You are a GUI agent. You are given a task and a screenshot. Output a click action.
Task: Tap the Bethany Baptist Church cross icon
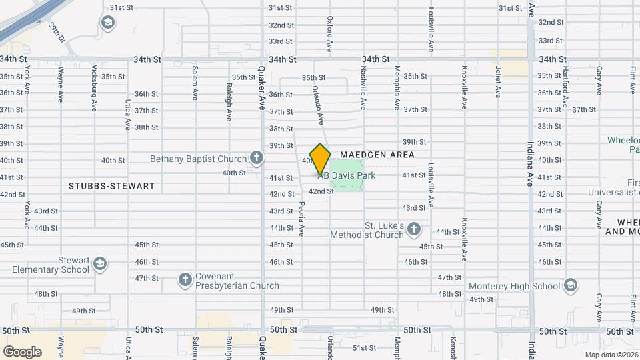coord(256,159)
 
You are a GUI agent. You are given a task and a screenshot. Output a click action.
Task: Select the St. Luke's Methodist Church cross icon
coord(414,230)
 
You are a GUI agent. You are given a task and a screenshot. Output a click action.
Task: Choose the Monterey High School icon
coord(570,286)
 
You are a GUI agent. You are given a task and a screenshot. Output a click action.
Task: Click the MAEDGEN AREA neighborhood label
coord(377,155)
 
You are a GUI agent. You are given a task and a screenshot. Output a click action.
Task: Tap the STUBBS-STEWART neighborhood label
coord(111,186)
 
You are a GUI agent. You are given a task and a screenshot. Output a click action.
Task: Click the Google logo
coord(22,351)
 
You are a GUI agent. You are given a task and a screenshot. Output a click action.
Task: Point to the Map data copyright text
coord(611,355)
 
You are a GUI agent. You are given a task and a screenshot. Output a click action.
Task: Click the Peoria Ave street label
coord(301,219)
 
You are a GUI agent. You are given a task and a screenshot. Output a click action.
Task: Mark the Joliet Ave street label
coord(497,82)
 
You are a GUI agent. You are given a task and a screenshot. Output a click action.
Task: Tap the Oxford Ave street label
coord(329,35)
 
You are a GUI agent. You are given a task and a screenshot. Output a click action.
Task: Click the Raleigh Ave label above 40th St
coord(229,101)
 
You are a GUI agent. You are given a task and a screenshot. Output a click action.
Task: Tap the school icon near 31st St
coord(107,23)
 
